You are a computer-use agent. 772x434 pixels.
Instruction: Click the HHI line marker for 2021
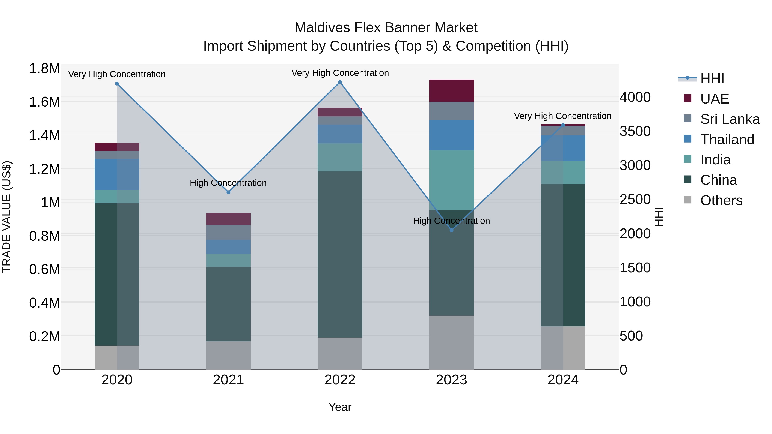(x=228, y=192)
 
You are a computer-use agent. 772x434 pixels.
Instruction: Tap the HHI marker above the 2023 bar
(x=452, y=230)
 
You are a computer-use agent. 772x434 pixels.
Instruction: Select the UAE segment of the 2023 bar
(x=451, y=91)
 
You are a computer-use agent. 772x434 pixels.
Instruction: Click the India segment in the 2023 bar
(x=451, y=180)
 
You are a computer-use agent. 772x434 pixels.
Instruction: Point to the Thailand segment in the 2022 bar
(x=340, y=134)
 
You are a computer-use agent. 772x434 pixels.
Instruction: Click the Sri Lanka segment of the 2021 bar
(x=228, y=232)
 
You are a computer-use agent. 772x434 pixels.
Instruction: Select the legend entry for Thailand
(x=727, y=140)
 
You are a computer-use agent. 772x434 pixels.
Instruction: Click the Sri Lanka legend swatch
(x=688, y=119)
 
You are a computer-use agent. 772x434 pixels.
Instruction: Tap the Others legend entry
(x=721, y=200)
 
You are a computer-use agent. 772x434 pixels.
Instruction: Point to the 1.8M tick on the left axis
(x=44, y=69)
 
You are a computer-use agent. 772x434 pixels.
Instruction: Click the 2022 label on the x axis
(x=340, y=380)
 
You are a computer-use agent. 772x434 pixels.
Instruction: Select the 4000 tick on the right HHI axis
(x=635, y=97)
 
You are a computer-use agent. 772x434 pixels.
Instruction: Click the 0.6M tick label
(x=44, y=269)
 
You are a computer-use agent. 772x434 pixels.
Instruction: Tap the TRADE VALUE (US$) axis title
(x=7, y=217)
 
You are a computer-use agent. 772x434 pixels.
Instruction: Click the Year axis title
(x=340, y=407)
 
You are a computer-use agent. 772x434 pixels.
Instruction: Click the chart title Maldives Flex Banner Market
(x=386, y=28)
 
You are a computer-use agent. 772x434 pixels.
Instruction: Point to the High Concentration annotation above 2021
(x=228, y=183)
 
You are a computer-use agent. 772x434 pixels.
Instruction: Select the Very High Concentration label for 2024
(x=562, y=116)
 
